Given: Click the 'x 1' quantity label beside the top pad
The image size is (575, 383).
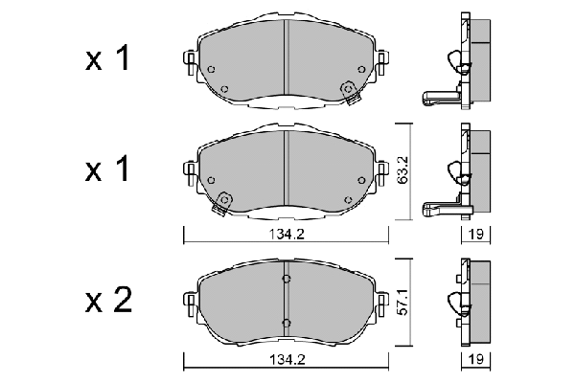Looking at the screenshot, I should (107, 59).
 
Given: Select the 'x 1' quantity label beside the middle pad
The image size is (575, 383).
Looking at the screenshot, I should (107, 169).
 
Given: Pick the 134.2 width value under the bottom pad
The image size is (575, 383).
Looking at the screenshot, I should (286, 362).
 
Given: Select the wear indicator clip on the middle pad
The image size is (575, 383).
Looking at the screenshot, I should (224, 201).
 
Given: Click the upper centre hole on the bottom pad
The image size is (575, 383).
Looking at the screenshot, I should (286, 279).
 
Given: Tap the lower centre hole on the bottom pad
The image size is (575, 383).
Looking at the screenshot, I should (286, 322).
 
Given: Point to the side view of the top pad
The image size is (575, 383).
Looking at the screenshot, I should (458, 63).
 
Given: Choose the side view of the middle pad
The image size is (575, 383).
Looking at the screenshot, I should (458, 173).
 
